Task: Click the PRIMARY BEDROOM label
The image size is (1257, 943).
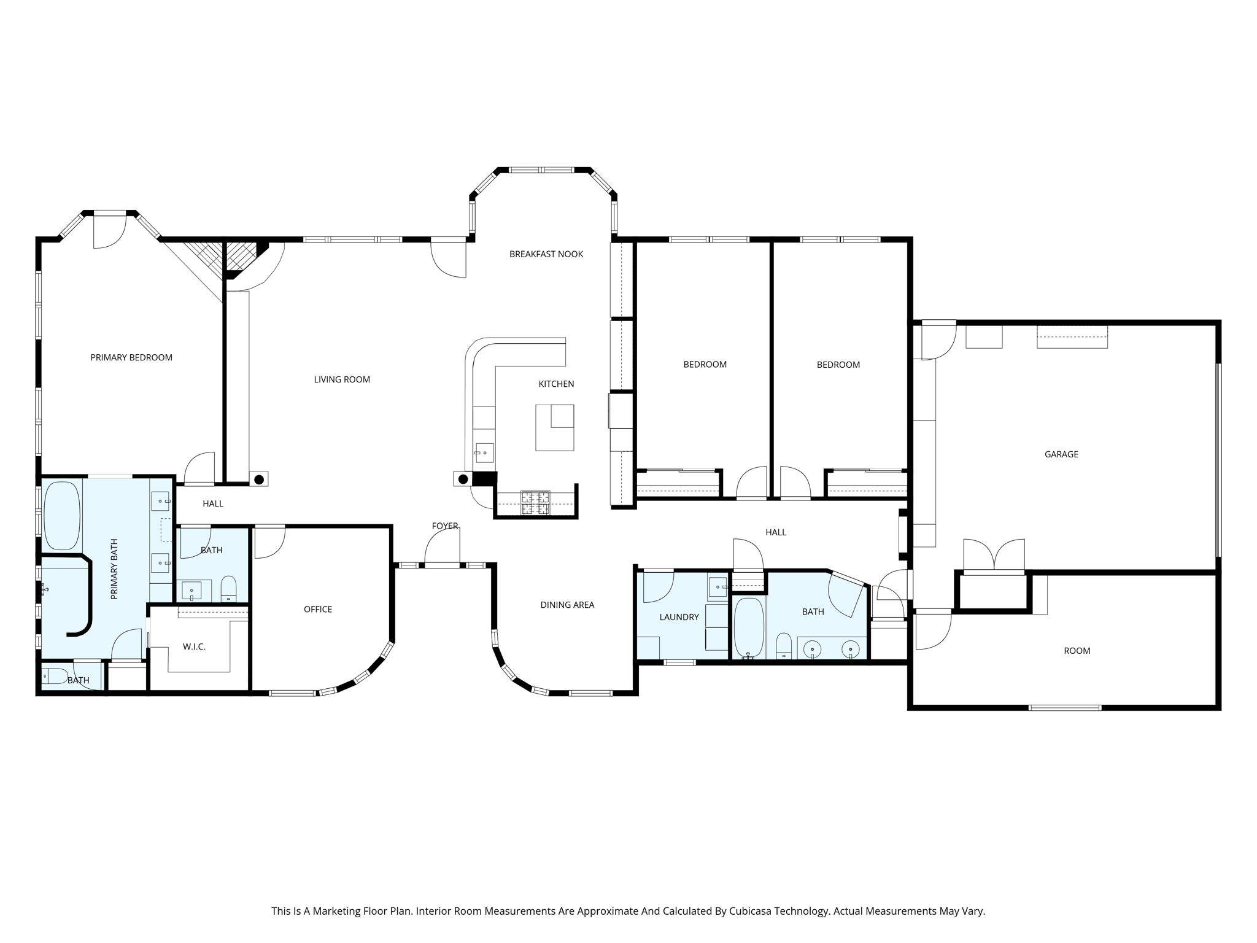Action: [x=131, y=357]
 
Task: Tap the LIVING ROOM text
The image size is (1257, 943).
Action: [x=342, y=379]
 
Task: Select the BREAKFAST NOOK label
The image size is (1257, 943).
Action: [x=546, y=254]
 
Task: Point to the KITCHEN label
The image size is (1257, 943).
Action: [x=556, y=384]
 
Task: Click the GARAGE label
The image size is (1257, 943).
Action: [x=1061, y=454]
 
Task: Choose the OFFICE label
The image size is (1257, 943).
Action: [x=318, y=609]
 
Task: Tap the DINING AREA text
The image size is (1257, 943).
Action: [x=567, y=605]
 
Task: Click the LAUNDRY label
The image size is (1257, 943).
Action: [x=679, y=617]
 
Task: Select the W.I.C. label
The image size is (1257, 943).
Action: [x=194, y=646]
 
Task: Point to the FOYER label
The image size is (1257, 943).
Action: [x=445, y=526]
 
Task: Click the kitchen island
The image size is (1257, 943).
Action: [x=555, y=427]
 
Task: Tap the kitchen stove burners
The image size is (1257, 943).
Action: [x=535, y=502]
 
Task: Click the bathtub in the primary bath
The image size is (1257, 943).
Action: [x=62, y=516]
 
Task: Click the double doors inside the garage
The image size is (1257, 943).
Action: [x=994, y=555]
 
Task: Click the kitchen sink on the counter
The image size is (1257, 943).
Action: [x=484, y=453]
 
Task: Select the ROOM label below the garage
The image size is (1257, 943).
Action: [x=1077, y=651]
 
